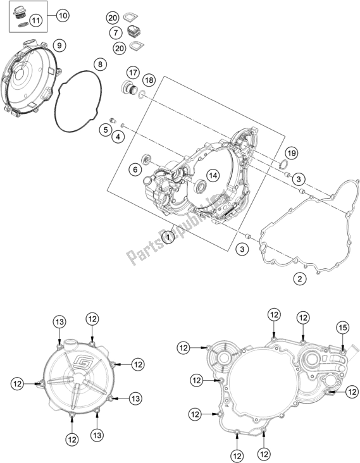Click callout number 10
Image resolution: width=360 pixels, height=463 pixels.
click(x=63, y=15)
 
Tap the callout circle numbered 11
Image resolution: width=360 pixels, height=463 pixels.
click(x=36, y=22)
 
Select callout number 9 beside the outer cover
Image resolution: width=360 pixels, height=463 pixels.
click(x=58, y=44)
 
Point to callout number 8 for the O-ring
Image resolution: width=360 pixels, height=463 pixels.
click(x=99, y=64)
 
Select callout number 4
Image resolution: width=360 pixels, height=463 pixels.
click(x=118, y=137)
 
